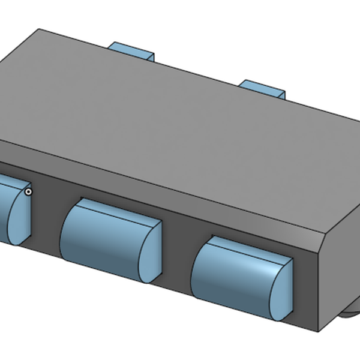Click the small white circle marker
28,191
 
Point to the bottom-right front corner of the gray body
318,329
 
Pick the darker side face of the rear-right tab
281,94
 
